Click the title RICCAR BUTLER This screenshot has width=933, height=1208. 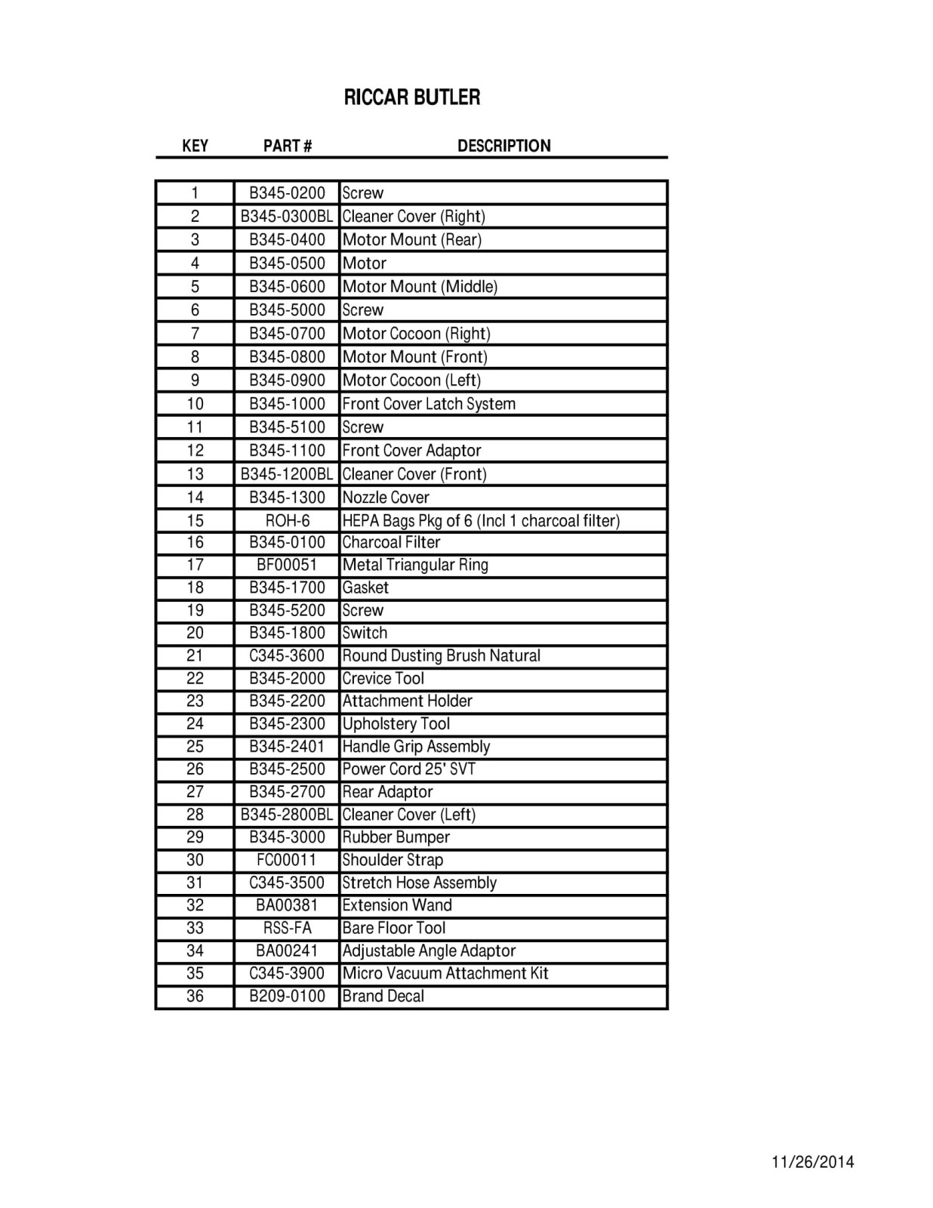[x=411, y=97]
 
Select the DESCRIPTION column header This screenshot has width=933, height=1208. [x=503, y=146]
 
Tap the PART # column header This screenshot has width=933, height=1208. [x=287, y=146]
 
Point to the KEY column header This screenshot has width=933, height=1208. [x=195, y=146]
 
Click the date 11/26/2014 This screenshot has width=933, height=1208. [x=813, y=1162]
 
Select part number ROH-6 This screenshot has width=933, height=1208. [x=287, y=520]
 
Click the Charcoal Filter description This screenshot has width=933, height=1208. [x=391, y=542]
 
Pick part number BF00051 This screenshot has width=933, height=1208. [x=287, y=565]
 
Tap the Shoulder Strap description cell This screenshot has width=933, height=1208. [x=393, y=860]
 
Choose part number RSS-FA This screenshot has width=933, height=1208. [x=287, y=928]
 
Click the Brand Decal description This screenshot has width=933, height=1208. [x=383, y=996]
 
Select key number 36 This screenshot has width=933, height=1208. [x=195, y=996]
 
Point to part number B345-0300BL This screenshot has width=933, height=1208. [x=287, y=216]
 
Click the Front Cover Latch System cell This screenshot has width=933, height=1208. [x=429, y=403]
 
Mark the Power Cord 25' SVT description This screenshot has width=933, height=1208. [x=409, y=769]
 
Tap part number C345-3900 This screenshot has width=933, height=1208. [x=287, y=973]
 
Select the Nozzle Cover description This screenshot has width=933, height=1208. [x=386, y=497]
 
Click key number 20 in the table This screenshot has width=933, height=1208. [x=195, y=633]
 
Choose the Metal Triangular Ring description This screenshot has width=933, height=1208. [x=415, y=565]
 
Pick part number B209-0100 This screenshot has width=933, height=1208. [x=287, y=996]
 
